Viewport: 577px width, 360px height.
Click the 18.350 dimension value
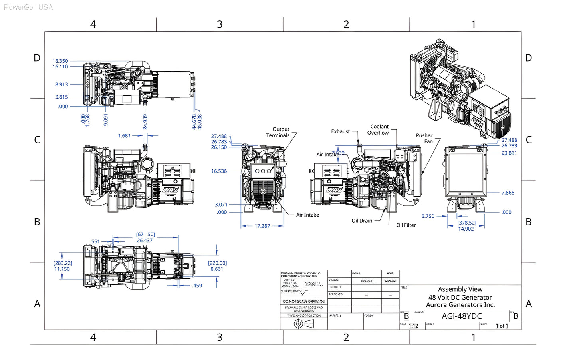click(x=60, y=61)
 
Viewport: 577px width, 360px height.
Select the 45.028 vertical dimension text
click(x=200, y=121)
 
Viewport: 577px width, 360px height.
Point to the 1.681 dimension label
click(x=124, y=136)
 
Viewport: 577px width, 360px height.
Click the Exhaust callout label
click(x=340, y=131)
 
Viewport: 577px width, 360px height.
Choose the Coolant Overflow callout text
click(x=378, y=129)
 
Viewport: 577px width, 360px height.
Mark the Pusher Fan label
click(x=424, y=138)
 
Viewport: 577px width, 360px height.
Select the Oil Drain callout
click(x=362, y=221)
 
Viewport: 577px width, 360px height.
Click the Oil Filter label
click(x=406, y=225)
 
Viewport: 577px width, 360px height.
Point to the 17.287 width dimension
click(x=262, y=226)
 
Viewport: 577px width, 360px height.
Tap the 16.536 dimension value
click(x=219, y=171)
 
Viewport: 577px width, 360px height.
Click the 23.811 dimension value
click(x=509, y=153)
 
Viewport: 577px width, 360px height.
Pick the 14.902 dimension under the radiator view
click(x=466, y=229)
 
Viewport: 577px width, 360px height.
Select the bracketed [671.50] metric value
click(x=145, y=235)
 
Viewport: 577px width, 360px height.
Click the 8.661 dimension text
click(x=217, y=269)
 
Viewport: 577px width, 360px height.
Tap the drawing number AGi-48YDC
click(x=462, y=316)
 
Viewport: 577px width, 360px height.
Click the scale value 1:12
click(x=414, y=326)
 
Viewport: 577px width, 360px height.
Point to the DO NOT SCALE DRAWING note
click(x=304, y=302)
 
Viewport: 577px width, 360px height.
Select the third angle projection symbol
click(x=303, y=324)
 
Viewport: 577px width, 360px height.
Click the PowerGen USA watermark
click(x=28, y=7)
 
